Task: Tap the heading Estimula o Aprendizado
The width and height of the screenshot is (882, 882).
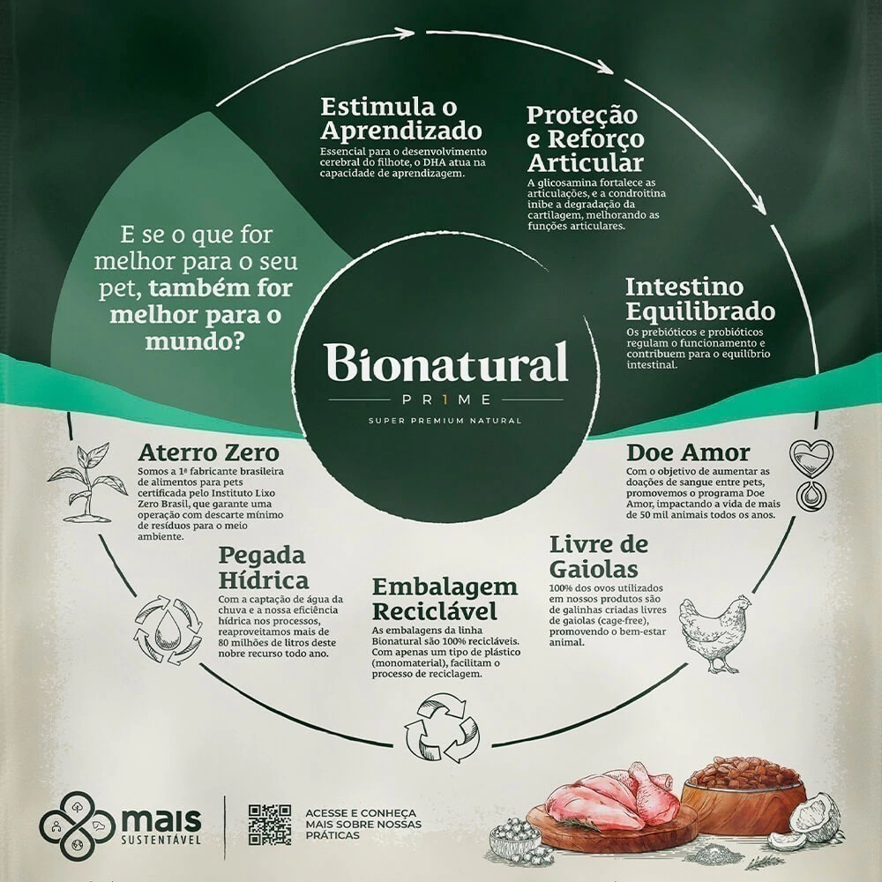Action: pos(401,119)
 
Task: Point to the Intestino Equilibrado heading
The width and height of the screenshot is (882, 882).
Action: pos(699,299)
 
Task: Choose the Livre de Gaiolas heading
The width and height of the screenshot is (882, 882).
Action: pos(599,555)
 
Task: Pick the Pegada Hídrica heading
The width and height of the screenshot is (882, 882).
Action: pos(264,568)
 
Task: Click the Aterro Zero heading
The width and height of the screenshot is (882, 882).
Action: pos(208,453)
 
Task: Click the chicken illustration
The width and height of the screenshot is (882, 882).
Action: pos(714,630)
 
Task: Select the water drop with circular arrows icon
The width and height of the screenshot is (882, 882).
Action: pos(168,630)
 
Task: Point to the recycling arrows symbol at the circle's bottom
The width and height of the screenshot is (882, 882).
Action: pos(440,729)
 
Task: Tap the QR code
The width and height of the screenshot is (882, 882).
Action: pos(269,825)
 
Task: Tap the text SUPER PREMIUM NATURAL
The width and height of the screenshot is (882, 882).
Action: pos(445,420)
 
